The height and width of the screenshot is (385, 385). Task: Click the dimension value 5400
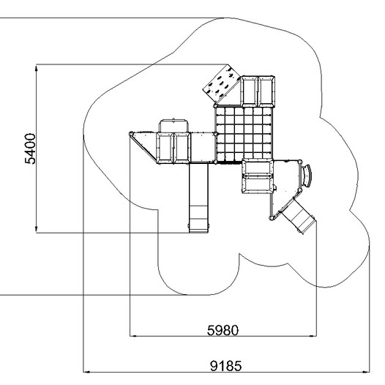(30, 149)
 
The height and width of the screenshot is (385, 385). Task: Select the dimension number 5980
(223, 330)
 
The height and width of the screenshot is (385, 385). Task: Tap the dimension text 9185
(226, 366)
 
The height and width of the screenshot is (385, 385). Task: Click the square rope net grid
(244, 134)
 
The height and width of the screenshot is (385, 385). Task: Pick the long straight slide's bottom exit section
(198, 219)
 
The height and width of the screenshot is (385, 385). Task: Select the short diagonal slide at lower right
(298, 216)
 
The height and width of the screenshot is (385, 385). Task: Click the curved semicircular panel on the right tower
(307, 176)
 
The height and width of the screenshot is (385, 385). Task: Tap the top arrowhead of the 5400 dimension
(37, 68)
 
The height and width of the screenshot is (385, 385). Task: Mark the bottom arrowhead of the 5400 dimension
(37, 229)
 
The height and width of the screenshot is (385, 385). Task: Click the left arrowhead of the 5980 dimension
(133, 336)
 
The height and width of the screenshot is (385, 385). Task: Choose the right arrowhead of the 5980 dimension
(313, 336)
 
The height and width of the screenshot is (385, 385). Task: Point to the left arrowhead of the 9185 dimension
(86, 372)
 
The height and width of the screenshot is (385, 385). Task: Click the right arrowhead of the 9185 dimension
(366, 372)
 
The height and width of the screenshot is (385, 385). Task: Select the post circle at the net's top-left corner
(215, 106)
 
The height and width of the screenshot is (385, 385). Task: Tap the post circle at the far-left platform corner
(131, 134)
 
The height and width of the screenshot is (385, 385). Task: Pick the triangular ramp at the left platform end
(143, 147)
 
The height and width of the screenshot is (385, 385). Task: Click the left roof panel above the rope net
(249, 91)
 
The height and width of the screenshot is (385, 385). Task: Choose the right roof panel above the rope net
(266, 91)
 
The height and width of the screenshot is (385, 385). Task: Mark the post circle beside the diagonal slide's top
(272, 218)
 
